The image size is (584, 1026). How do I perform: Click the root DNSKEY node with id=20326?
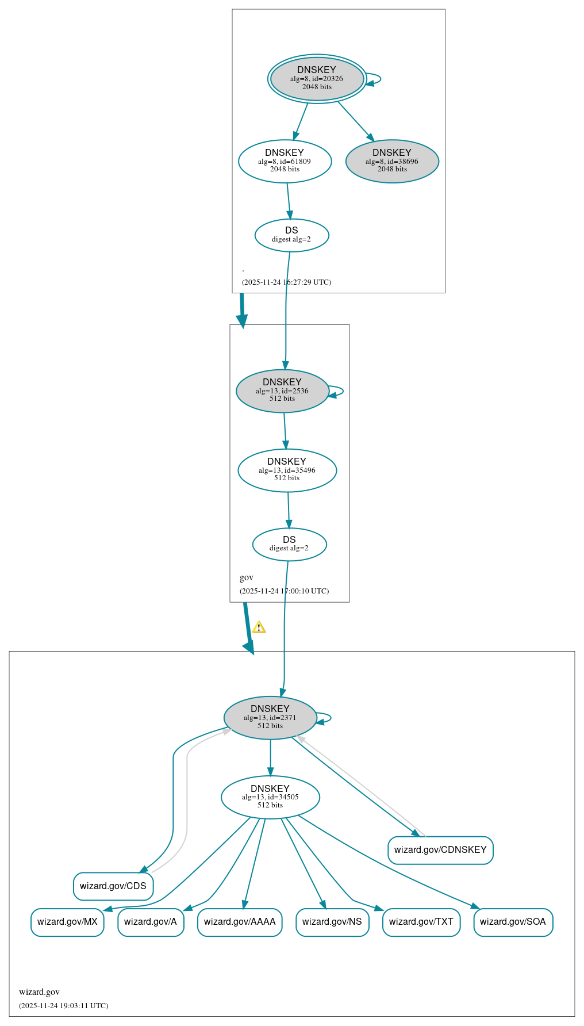[x=317, y=79]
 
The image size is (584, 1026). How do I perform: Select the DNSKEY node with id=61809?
[x=285, y=161]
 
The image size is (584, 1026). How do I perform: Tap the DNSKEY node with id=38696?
[x=392, y=161]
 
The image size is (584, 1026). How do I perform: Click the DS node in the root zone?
[x=291, y=235]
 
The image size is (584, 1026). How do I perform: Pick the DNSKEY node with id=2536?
[x=282, y=391]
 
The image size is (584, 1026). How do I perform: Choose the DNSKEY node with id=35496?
[x=287, y=470]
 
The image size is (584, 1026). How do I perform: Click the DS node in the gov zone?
[x=289, y=543]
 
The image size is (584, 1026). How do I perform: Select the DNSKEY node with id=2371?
[x=270, y=717]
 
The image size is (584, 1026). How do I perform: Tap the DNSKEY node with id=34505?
[x=270, y=797]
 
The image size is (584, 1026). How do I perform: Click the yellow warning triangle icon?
[x=259, y=627]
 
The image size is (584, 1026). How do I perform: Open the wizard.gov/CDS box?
[x=113, y=886]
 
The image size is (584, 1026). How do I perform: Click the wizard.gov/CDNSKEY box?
[x=440, y=849]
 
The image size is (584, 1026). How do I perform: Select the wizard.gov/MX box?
[x=67, y=921]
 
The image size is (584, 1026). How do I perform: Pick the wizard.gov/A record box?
[x=151, y=921]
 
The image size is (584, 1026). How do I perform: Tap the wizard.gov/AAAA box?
[x=240, y=921]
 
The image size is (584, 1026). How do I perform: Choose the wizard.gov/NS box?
[x=332, y=921]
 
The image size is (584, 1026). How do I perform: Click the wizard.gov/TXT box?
[x=421, y=921]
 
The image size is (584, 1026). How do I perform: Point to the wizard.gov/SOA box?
[x=513, y=921]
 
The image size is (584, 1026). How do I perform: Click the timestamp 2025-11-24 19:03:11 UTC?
[x=63, y=1005]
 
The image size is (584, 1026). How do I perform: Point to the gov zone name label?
[x=247, y=577]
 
